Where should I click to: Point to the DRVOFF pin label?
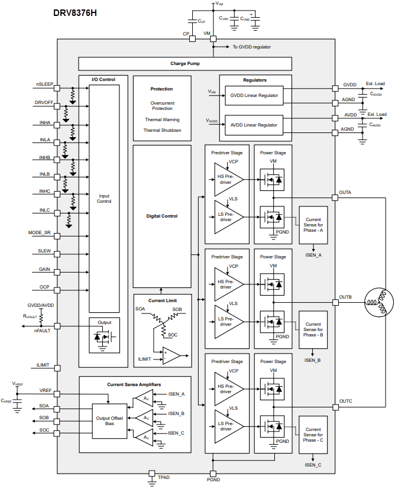[x=44, y=102]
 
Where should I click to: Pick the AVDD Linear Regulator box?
[x=254, y=125]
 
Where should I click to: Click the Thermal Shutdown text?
[x=162, y=130]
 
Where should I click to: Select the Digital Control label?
[x=162, y=216]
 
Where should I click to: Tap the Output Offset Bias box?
[x=109, y=420]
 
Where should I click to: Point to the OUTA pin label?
[x=345, y=193]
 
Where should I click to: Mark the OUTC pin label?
[x=345, y=401]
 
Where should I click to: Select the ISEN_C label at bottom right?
[x=313, y=465]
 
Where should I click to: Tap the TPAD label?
[x=164, y=476]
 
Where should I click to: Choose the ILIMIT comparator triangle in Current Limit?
[x=173, y=356]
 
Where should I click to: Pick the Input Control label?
[x=104, y=199]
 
